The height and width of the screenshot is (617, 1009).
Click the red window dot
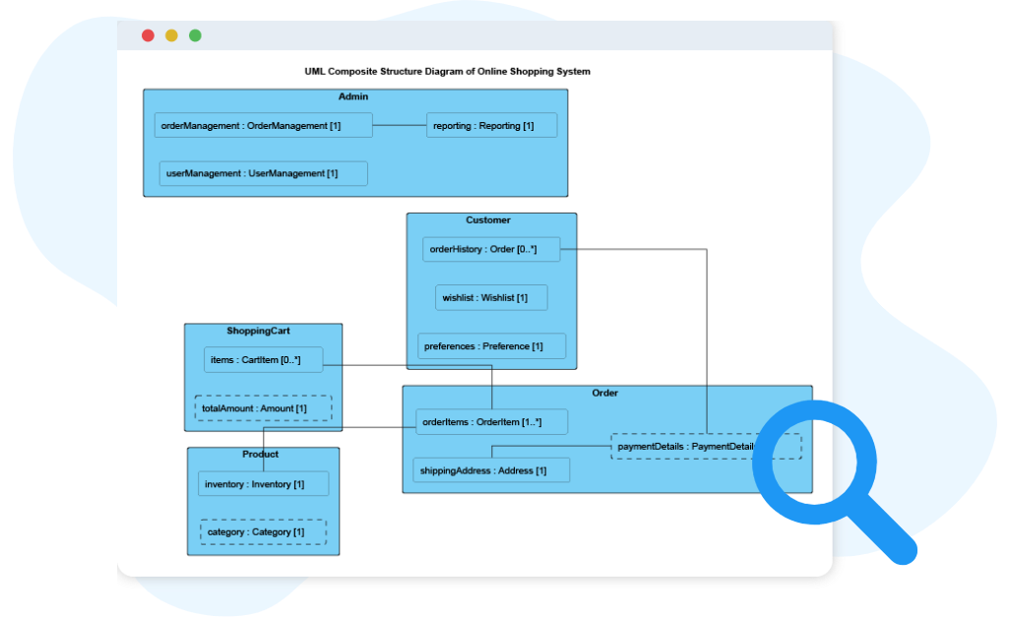pyautogui.click(x=148, y=35)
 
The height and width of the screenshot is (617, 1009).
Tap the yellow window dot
pyautogui.click(x=171, y=35)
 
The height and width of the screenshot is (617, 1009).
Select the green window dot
pyautogui.click(x=195, y=35)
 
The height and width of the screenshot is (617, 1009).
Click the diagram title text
pyautogui.click(x=448, y=72)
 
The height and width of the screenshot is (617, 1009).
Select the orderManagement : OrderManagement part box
pyautogui.click(x=263, y=125)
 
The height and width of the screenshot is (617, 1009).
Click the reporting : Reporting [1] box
pyautogui.click(x=491, y=125)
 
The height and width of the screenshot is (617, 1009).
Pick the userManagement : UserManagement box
pyautogui.click(x=263, y=173)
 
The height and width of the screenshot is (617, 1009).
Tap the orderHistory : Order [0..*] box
pyautogui.click(x=491, y=249)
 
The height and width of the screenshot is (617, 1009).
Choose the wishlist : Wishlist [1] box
pyautogui.click(x=491, y=297)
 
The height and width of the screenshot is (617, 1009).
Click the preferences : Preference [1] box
pyautogui.click(x=491, y=345)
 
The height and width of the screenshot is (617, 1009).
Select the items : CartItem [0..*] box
pyautogui.click(x=263, y=360)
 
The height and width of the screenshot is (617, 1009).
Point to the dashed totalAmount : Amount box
pyautogui.click(x=263, y=407)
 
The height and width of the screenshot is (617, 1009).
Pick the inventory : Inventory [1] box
pyautogui.click(x=263, y=484)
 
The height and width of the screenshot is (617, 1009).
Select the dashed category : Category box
pyautogui.click(x=263, y=531)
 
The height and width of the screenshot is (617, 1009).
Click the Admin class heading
pyautogui.click(x=353, y=96)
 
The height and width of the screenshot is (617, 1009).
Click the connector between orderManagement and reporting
pyautogui.click(x=399, y=125)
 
